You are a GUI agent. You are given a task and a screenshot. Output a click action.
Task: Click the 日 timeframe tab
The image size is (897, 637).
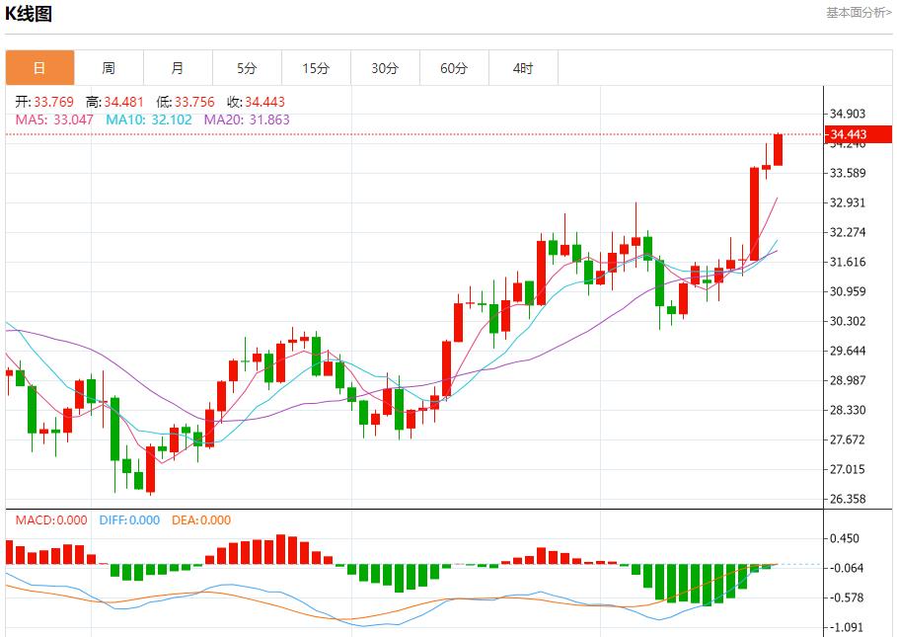(39, 68)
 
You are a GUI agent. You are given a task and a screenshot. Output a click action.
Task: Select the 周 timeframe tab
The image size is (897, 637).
(109, 68)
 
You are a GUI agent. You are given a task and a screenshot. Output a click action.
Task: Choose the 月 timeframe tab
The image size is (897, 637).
(178, 68)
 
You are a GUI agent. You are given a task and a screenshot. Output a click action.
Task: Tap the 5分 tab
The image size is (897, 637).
(247, 68)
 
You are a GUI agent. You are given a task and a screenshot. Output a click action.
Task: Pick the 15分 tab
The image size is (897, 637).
(316, 68)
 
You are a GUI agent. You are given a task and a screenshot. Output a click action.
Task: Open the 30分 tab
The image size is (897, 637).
(385, 68)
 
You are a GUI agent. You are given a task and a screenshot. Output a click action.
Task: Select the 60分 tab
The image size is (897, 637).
(454, 68)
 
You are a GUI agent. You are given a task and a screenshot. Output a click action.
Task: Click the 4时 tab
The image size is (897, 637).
(523, 68)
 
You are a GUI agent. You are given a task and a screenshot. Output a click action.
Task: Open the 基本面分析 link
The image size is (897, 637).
(858, 12)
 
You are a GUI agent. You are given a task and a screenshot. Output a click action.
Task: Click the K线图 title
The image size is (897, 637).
(29, 14)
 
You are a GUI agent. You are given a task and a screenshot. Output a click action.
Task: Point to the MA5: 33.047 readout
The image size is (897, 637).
(54, 119)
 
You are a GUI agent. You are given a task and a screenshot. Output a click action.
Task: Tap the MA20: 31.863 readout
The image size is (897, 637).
(247, 119)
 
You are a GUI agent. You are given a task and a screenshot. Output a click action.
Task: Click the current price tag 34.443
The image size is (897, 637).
(848, 134)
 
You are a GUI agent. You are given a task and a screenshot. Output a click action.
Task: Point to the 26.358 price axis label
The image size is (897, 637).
(848, 500)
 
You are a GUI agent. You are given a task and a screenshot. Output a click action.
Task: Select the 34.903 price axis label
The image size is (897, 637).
(848, 114)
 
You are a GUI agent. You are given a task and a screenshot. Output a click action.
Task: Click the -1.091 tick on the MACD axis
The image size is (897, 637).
(846, 627)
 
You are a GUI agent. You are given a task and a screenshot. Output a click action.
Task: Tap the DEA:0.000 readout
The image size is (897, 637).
(201, 520)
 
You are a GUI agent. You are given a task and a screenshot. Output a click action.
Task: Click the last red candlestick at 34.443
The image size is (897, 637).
(778, 149)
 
